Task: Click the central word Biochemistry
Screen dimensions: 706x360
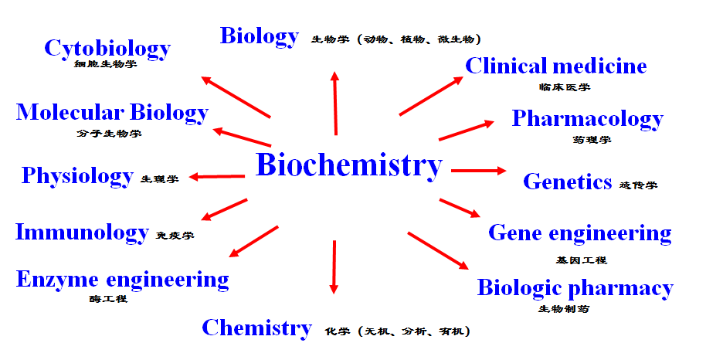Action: click(x=349, y=165)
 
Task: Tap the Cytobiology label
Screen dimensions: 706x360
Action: click(x=107, y=49)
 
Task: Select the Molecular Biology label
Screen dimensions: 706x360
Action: click(x=112, y=113)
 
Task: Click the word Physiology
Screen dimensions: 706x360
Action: click(x=77, y=176)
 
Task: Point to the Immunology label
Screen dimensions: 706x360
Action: click(x=82, y=232)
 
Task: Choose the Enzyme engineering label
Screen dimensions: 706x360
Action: click(x=122, y=280)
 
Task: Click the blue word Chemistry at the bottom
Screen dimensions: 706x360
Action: click(x=256, y=328)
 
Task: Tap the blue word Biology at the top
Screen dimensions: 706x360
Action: click(x=259, y=36)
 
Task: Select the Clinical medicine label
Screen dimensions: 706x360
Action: click(x=555, y=66)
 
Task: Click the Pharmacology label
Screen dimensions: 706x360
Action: click(x=587, y=119)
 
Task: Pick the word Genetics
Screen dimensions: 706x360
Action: click(x=567, y=182)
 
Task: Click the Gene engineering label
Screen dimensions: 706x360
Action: click(x=579, y=233)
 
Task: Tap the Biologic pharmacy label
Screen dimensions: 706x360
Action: click(x=575, y=288)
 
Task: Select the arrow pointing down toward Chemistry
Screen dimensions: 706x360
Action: click(x=334, y=267)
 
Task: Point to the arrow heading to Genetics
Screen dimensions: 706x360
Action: click(x=478, y=170)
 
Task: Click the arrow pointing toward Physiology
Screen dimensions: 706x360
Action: click(x=217, y=177)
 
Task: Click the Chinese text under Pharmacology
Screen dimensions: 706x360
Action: click(x=592, y=140)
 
